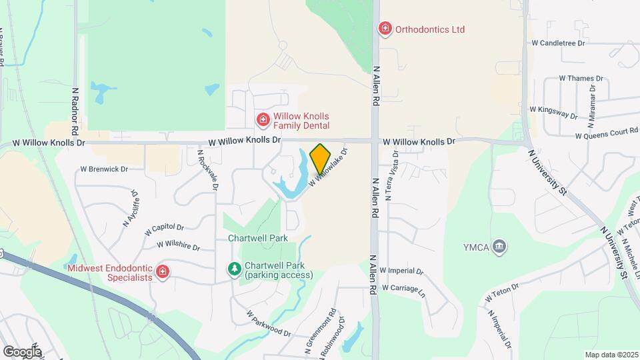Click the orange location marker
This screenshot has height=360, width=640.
pos(321,159)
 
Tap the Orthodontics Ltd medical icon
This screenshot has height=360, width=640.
pos(385,29)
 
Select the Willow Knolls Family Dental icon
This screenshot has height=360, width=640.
pos(263,120)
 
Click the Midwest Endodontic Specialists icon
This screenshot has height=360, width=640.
pos(162,272)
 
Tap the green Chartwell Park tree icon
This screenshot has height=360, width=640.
pos(234,269)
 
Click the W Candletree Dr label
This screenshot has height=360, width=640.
pos(558,43)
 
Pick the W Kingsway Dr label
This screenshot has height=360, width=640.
pos(553,111)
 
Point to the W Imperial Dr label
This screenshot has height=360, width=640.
pos(403,271)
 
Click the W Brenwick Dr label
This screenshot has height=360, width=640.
pos(103,169)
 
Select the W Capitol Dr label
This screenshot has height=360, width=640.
pos(163,229)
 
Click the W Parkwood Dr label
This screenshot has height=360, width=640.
pos(269,323)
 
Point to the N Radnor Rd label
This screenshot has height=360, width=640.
pos(75,109)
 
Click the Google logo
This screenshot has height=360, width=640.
pos(22,351)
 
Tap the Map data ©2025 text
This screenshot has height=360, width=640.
pos(611,354)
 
